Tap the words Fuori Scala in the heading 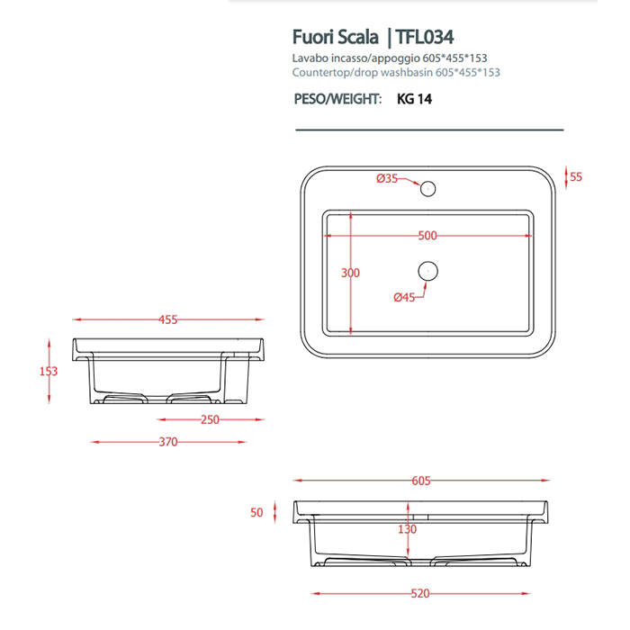[x=334, y=37]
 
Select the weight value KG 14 [x=415, y=100]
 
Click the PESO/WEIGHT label [x=338, y=100]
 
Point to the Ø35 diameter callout [x=386, y=178]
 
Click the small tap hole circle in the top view [x=429, y=189]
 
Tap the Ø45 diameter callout [x=404, y=297]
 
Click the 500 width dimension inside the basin [x=427, y=236]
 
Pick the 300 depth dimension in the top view [x=350, y=273]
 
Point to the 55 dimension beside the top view [x=577, y=176]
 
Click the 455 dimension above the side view [x=168, y=319]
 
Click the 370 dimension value [x=168, y=442]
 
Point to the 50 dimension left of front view [x=257, y=512]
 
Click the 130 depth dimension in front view [x=408, y=529]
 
